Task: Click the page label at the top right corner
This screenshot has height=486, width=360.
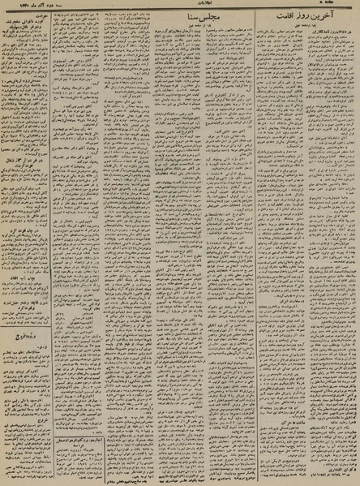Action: coord(345,4)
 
